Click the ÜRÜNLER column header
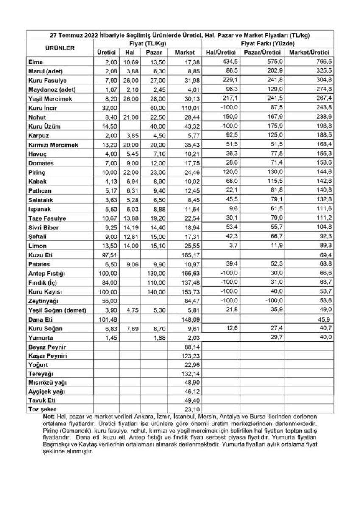pyautogui.click(x=59, y=48)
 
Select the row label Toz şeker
pyautogui.click(x=43, y=409)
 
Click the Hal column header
pyautogui.click(x=130, y=52)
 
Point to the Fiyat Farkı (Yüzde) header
pyautogui.click(x=268, y=44)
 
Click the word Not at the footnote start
pyautogui.click(x=49, y=417)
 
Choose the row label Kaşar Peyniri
pyautogui.click(x=47, y=355)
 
